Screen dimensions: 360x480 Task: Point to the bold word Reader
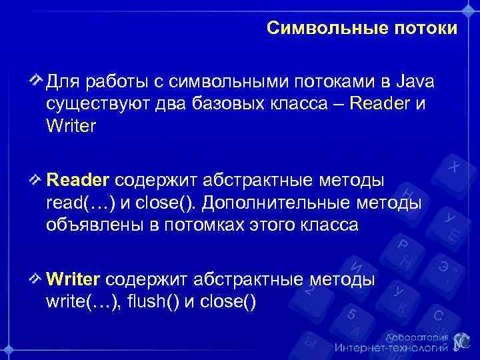78,181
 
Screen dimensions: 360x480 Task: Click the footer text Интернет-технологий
391,348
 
